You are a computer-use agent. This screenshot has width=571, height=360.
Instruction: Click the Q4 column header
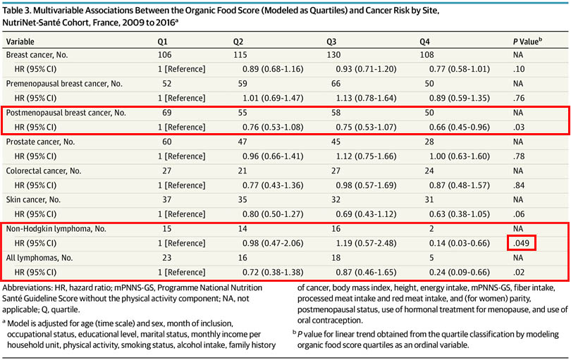[x=425, y=42]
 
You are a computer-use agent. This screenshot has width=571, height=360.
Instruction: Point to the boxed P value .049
[x=522, y=243]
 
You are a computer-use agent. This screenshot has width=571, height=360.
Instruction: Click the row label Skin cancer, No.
[x=35, y=200]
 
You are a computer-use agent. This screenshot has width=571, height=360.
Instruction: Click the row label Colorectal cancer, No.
[x=44, y=170]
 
